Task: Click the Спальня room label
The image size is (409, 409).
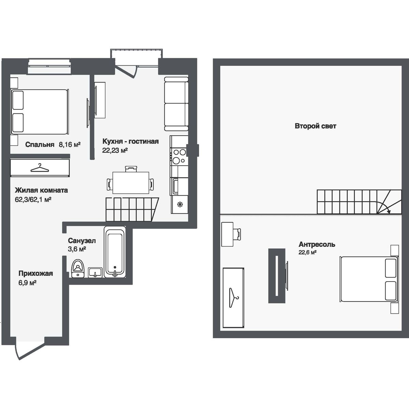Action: coord(40,145)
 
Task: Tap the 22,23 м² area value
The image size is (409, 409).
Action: coord(115,150)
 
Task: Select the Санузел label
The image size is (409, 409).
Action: coord(82,241)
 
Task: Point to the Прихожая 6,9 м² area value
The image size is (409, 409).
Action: coord(27,282)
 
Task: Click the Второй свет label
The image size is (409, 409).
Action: coord(315,126)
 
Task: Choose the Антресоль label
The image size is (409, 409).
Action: coord(317,244)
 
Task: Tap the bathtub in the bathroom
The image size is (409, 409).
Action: coord(115,252)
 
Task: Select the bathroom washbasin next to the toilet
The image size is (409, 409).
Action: coord(95,273)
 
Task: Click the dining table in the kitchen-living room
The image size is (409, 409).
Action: coord(131,182)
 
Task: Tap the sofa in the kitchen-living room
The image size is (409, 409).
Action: coord(176,104)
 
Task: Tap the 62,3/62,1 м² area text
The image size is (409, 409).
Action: coord(33,199)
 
